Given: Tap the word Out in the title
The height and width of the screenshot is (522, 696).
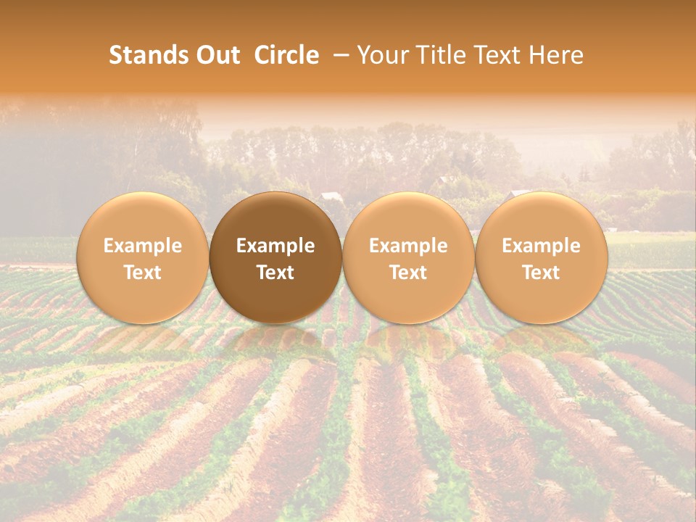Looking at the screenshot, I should (x=217, y=56).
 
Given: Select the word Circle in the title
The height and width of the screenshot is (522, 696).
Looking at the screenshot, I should (x=286, y=56).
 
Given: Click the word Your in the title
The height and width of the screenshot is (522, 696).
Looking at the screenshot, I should (x=381, y=56).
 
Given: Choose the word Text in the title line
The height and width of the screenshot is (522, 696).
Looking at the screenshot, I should (x=497, y=56).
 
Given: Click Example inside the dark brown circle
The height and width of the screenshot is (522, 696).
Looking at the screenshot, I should (x=275, y=246).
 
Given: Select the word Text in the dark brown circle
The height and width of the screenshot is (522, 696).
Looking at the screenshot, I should (x=275, y=273).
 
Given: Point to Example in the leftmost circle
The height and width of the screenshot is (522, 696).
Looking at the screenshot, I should (x=143, y=246).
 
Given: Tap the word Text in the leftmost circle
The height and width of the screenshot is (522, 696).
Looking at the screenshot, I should (x=143, y=273).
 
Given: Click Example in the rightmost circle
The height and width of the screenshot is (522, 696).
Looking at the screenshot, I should (x=541, y=246).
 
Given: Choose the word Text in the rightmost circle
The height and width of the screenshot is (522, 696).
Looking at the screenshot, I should (x=541, y=273).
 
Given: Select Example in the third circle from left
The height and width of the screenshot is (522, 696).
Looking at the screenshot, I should (x=408, y=246).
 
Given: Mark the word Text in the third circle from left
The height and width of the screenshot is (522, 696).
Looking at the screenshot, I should (x=408, y=273).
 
